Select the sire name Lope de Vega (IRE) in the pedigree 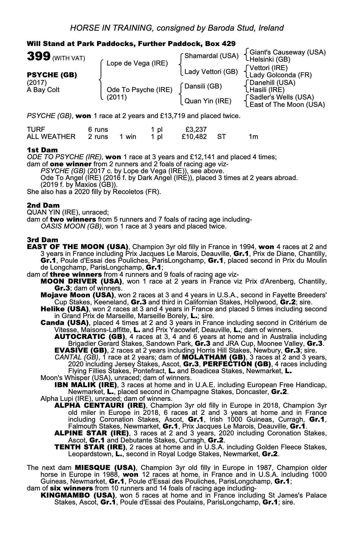point(137,63)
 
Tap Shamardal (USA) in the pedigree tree point(211,56)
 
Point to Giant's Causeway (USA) point(288,52)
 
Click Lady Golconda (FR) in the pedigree point(281,75)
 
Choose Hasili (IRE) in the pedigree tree point(267,90)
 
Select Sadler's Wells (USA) point(282,97)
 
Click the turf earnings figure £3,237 point(196,129)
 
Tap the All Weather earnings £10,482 point(194,136)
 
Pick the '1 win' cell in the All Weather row point(128,136)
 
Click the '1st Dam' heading point(42,150)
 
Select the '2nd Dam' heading point(43,205)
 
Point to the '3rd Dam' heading point(42,240)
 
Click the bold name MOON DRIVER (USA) point(81,281)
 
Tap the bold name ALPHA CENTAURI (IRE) point(100,405)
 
